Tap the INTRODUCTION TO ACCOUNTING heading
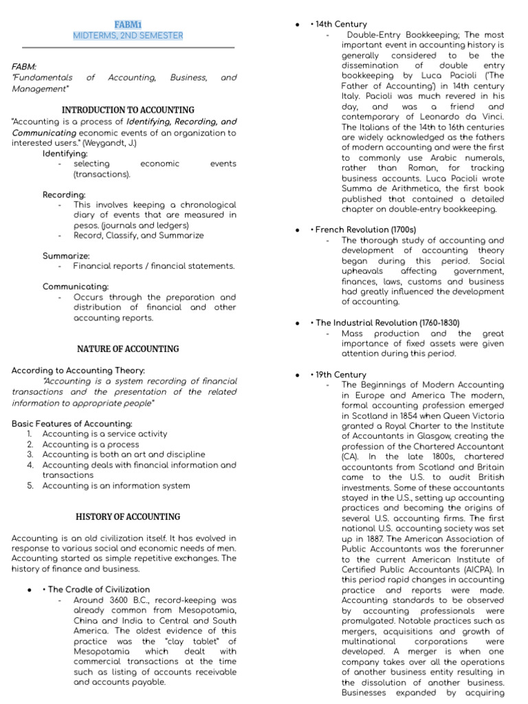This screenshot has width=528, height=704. [x=128, y=110]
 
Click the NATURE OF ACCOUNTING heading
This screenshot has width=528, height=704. [x=128, y=349]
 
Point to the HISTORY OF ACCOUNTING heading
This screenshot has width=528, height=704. [x=128, y=516]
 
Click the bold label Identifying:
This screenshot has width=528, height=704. [x=65, y=153]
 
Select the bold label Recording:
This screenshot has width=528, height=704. [x=64, y=195]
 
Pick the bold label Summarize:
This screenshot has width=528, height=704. [x=66, y=255]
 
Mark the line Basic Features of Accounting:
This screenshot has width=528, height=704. [x=72, y=423]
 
